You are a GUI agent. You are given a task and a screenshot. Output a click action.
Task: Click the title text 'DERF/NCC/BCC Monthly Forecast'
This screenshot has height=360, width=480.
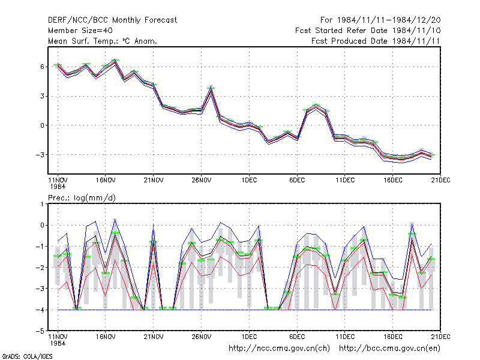(112, 20)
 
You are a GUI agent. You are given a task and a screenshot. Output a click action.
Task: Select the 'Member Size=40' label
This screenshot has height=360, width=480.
(80, 31)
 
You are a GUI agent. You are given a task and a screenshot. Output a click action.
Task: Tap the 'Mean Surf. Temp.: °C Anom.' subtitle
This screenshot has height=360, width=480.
(102, 41)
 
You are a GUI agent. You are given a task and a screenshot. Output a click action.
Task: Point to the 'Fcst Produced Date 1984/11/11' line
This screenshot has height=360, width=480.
(376, 41)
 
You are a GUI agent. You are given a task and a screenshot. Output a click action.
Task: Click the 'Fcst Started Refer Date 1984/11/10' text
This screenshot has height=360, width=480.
(368, 31)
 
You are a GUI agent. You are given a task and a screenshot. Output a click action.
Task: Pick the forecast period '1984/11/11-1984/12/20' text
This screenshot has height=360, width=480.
(389, 20)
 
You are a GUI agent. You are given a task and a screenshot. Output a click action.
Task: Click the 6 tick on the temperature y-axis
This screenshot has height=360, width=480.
(42, 67)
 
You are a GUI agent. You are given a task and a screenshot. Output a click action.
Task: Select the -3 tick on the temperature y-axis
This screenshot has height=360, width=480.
(40, 155)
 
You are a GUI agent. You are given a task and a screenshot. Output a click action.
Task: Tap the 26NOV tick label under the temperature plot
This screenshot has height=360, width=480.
(202, 180)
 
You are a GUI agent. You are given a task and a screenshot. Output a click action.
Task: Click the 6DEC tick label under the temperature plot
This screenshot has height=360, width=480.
(297, 180)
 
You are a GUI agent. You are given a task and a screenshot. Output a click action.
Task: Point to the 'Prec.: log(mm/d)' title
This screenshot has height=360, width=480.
(82, 198)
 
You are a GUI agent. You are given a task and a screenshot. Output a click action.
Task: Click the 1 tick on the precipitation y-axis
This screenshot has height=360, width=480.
(42, 204)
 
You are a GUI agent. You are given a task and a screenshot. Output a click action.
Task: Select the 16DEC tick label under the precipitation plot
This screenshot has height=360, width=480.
(393, 337)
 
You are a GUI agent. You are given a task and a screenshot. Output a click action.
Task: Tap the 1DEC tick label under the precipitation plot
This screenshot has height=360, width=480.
(249, 337)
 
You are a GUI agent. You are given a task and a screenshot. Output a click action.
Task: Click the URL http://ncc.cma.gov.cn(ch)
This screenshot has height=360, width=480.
(279, 349)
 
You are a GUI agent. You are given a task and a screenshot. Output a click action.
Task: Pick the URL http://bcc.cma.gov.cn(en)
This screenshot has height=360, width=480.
(389, 349)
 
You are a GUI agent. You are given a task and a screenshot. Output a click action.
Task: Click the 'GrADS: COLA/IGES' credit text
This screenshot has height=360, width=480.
(27, 356)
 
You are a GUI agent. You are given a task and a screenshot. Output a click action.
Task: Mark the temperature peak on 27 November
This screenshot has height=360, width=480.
(211, 89)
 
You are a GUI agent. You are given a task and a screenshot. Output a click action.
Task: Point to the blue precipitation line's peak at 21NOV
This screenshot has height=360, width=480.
(154, 224)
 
